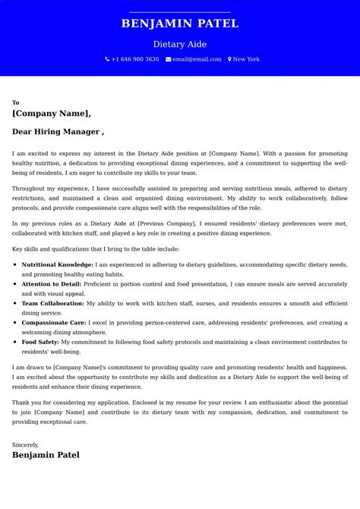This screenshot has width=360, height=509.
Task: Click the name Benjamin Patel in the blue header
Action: coord(180,24)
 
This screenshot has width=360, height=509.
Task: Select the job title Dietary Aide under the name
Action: coord(179,44)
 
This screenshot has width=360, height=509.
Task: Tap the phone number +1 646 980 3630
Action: coord(135,59)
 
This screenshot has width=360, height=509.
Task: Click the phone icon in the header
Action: coord(107,59)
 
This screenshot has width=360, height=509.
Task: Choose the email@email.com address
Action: coord(197,59)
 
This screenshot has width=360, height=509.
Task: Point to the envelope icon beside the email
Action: coord(168,59)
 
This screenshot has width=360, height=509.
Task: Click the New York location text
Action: coord(246,59)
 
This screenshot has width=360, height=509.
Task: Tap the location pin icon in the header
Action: coord(229,59)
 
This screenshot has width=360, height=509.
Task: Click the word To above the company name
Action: coord(15,103)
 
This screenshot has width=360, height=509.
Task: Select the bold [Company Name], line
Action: coord(52,113)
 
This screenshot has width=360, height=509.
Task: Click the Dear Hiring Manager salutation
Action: coord(58,131)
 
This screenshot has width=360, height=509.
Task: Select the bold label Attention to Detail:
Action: coord(51,283)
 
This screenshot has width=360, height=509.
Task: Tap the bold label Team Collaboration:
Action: coord(52,303)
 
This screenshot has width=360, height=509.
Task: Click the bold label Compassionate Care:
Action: coord(52,323)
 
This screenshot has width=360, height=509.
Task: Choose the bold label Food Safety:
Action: coord(39,343)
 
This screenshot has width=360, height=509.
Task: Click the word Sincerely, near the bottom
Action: coord(25,444)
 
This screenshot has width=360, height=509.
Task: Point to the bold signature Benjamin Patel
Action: coord(46,455)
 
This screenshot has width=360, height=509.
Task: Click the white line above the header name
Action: coord(180,12)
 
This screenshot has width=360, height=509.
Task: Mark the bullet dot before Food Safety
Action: coord(16,343)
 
